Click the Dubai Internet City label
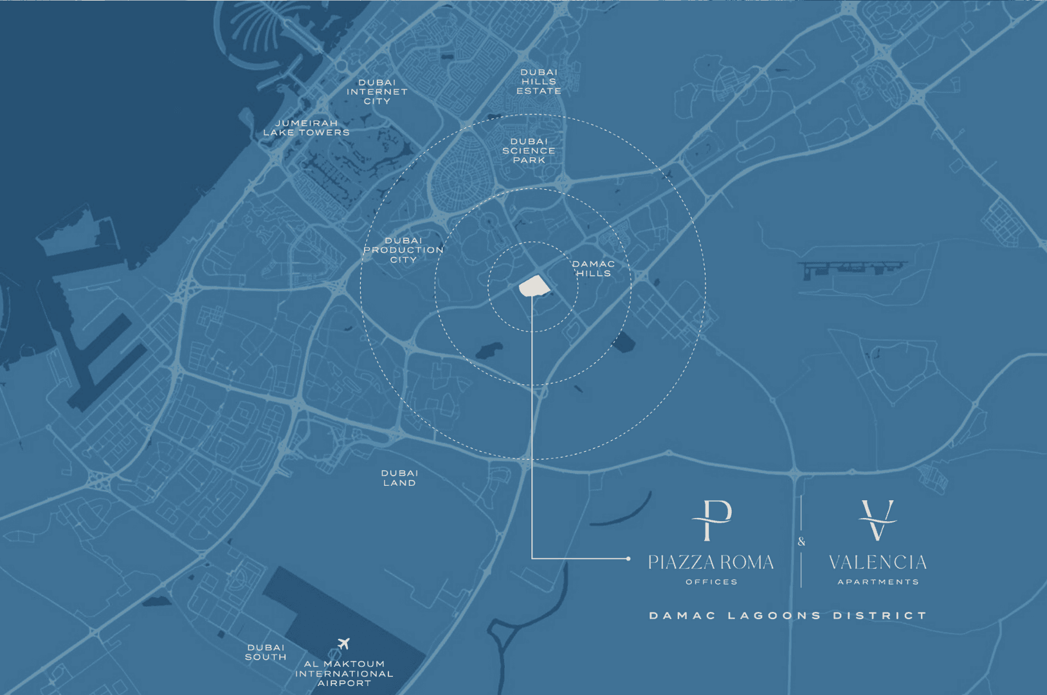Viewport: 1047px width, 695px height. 377,92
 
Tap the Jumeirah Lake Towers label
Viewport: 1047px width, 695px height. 306,128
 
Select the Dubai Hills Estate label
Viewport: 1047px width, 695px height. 539,82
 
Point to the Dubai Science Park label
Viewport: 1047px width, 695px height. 529,151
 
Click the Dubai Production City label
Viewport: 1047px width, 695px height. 403,250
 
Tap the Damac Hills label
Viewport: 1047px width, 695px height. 594,268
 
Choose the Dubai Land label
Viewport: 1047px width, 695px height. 399,478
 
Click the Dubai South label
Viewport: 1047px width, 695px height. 266,653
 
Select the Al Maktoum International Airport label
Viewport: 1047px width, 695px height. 344,673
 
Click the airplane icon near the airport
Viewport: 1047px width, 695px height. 343,644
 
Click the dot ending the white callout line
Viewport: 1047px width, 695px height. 628,559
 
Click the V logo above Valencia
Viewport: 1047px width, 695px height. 877,520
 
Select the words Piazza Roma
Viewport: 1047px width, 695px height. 711,563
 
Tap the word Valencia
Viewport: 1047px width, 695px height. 877,563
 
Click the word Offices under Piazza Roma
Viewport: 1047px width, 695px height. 711,582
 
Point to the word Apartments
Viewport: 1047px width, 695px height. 878,582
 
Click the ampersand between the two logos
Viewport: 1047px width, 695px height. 801,541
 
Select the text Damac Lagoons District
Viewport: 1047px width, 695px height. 788,616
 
